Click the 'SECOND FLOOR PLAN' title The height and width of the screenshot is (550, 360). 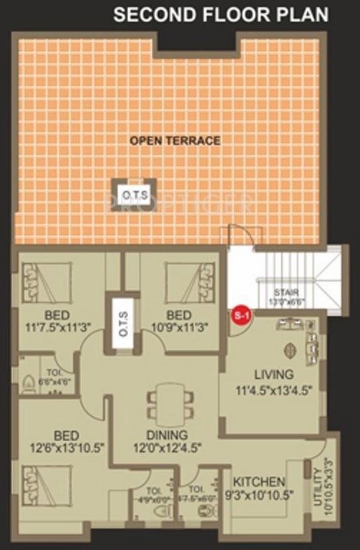point(221,14)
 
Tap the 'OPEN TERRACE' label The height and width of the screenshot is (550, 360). point(175,141)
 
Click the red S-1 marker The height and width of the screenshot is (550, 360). point(240,315)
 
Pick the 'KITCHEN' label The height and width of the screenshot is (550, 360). point(259,482)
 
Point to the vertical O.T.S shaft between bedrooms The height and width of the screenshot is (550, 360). point(122,323)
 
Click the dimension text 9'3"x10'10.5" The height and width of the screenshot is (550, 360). point(259,494)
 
